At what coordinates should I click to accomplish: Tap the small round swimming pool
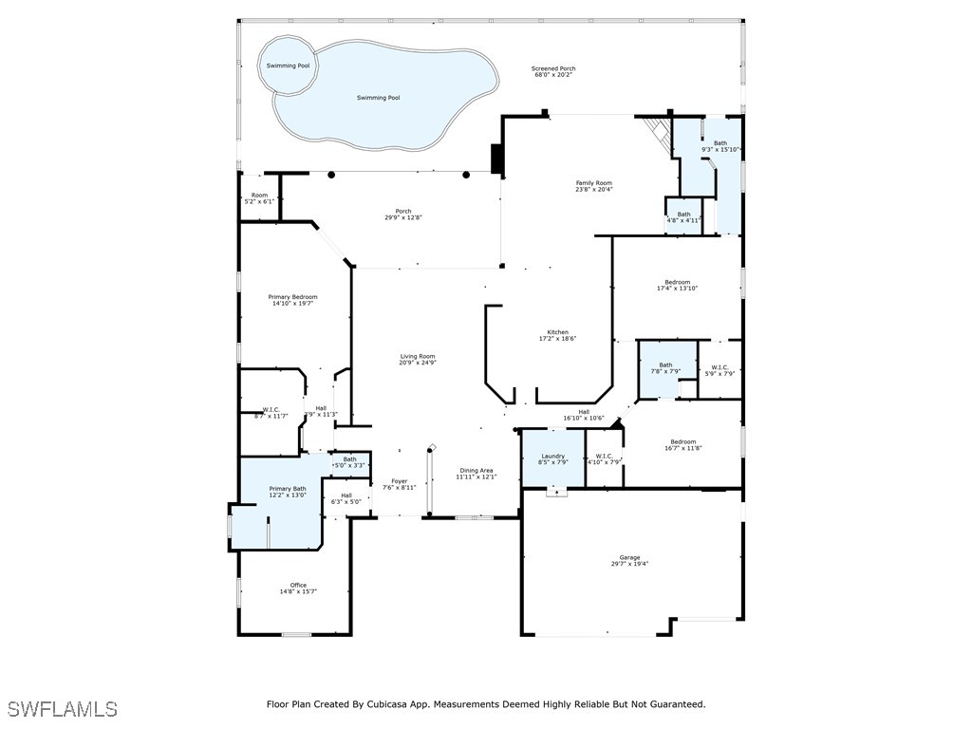[x=287, y=65]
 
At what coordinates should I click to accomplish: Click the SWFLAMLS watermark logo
[x=63, y=709]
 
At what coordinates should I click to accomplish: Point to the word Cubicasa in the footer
[x=413, y=704]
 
